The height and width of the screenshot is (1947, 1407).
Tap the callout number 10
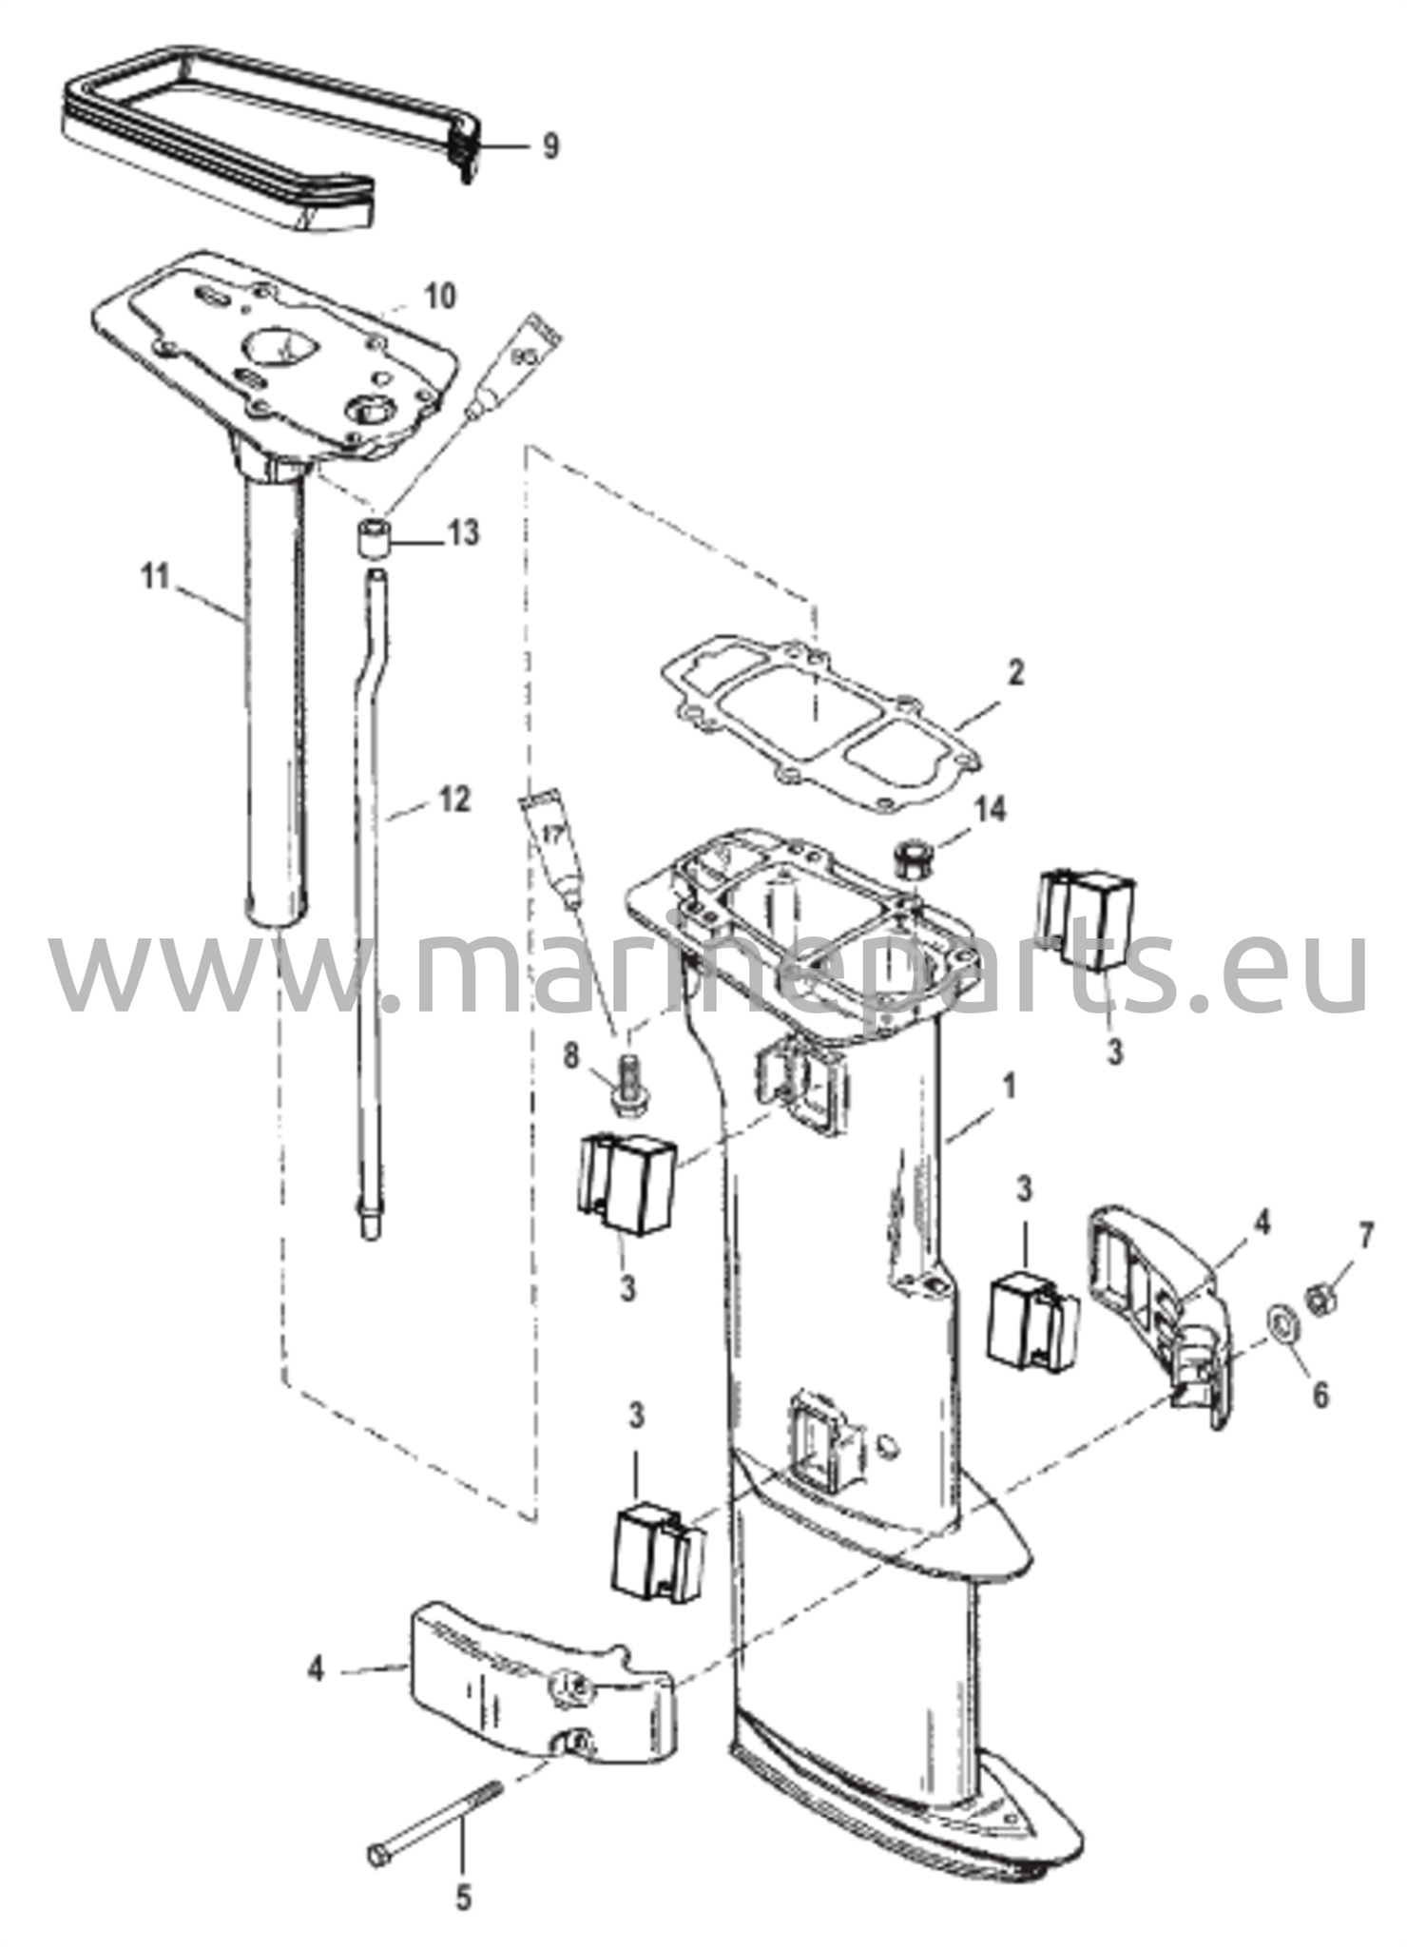pos(438,296)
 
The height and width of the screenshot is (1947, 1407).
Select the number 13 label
pos(463,533)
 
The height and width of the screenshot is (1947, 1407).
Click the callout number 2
pos(1016,673)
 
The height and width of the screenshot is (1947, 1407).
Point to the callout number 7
pos(1366,1237)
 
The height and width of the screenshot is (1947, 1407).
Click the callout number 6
pos(1320,1395)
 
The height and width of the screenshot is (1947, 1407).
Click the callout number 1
pos(1010,1085)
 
